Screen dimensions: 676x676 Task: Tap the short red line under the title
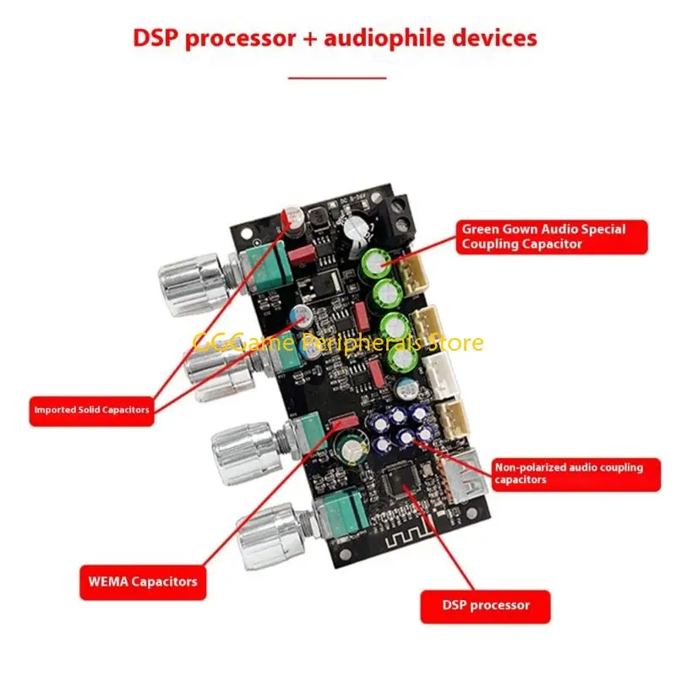337,77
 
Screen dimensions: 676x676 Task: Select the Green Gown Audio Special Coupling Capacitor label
553,237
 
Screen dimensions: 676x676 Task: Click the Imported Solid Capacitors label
91,410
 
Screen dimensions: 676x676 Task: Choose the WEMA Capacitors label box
143,581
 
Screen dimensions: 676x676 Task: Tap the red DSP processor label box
485,605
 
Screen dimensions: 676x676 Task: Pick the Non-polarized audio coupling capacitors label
575,473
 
